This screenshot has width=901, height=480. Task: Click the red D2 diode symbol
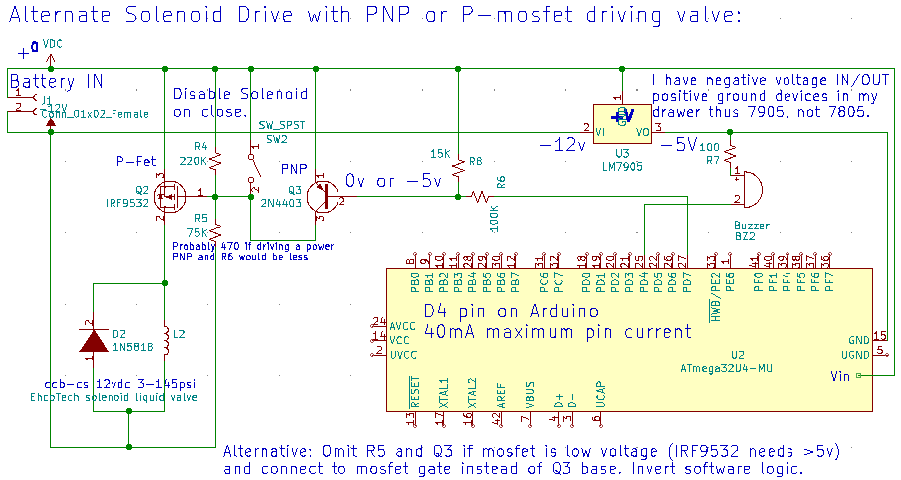click(94, 341)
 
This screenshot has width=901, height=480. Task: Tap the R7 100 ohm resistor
click(730, 152)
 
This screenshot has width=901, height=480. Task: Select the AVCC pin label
click(403, 326)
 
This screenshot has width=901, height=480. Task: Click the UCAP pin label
click(598, 394)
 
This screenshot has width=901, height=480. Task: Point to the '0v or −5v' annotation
click(392, 180)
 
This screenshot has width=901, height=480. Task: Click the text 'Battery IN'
click(56, 81)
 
